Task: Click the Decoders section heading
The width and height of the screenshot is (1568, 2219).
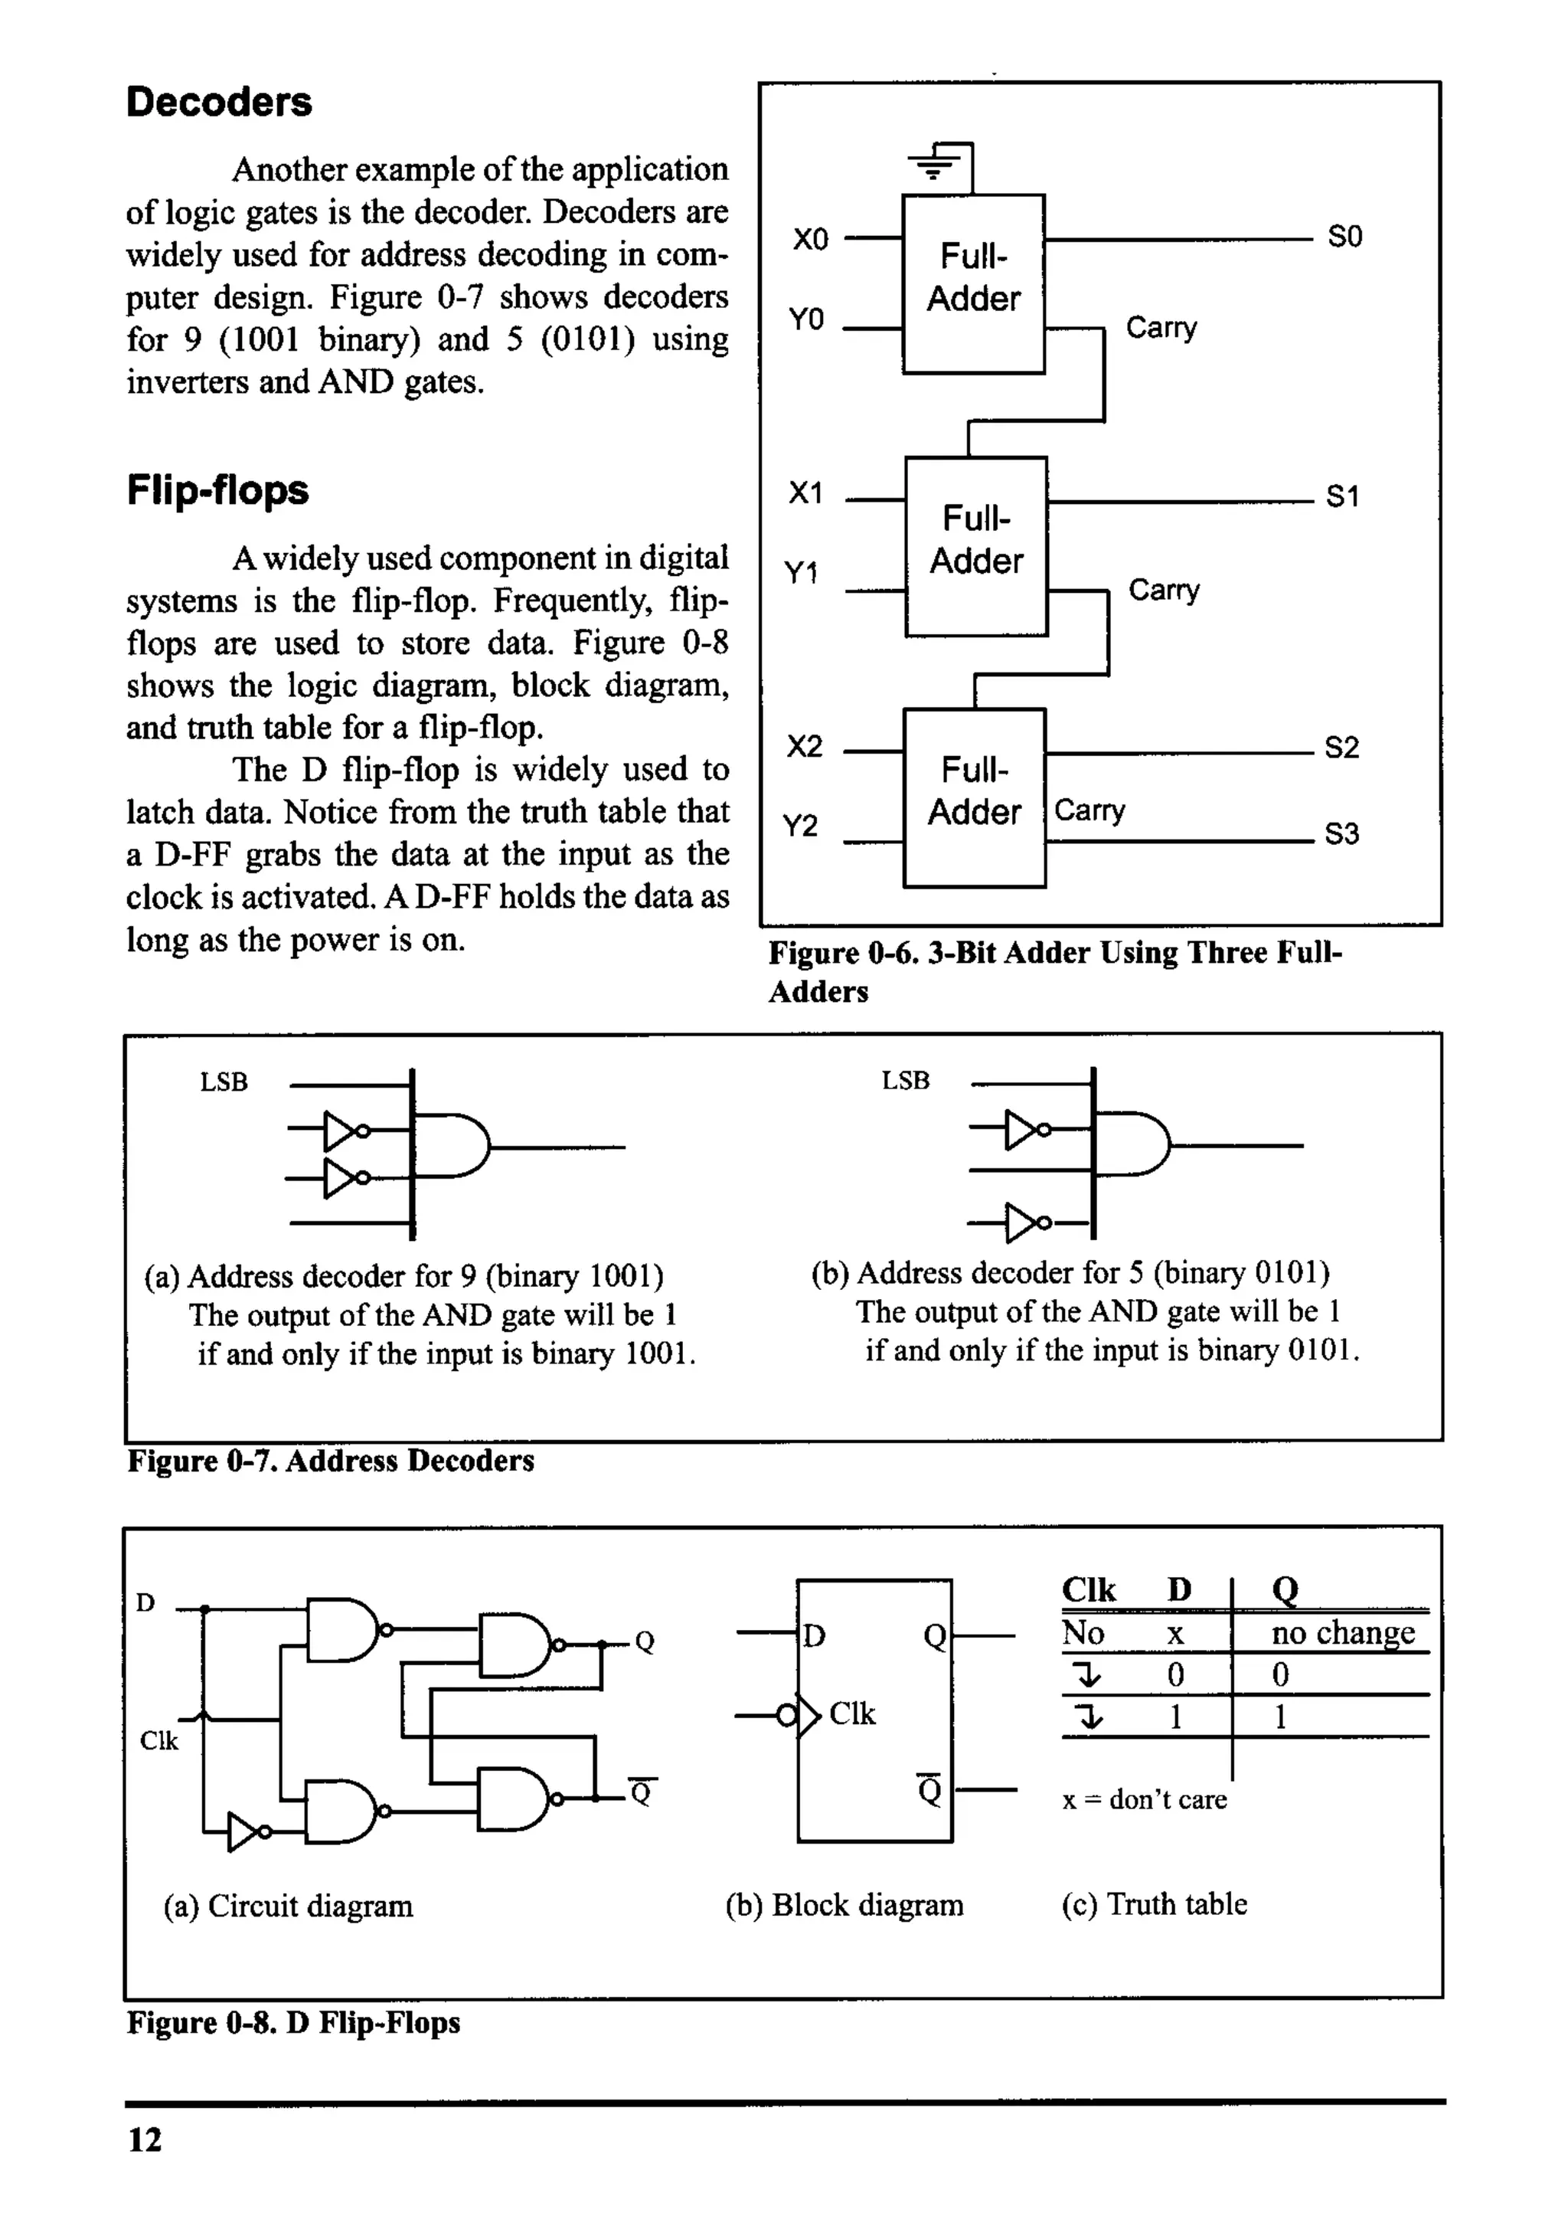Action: tap(218, 103)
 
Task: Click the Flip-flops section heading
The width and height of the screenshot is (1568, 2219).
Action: tap(217, 490)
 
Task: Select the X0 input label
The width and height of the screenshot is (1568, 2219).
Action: tap(811, 239)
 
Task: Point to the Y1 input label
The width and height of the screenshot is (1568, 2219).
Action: tap(801, 573)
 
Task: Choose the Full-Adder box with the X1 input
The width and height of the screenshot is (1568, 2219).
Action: tap(975, 546)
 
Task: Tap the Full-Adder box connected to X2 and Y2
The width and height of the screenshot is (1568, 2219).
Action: tap(974, 797)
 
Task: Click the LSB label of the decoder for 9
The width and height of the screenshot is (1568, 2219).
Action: tap(224, 1082)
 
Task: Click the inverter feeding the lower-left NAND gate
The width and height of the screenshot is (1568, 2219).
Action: tap(246, 1831)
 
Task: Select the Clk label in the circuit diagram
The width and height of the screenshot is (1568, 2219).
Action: tap(158, 1740)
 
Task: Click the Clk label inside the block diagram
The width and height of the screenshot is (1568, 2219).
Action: tap(852, 1713)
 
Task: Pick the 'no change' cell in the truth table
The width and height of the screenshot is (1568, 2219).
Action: tap(1342, 1632)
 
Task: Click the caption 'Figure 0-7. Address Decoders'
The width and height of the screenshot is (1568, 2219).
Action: tap(331, 1461)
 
